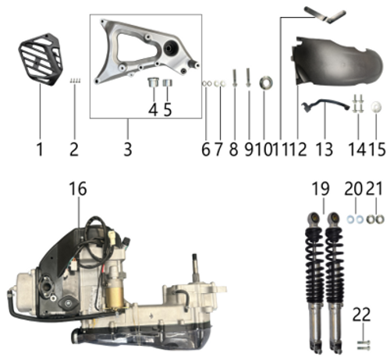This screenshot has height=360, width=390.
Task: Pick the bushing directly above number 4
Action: (x=153, y=83)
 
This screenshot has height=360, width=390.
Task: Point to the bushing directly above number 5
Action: (x=166, y=83)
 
